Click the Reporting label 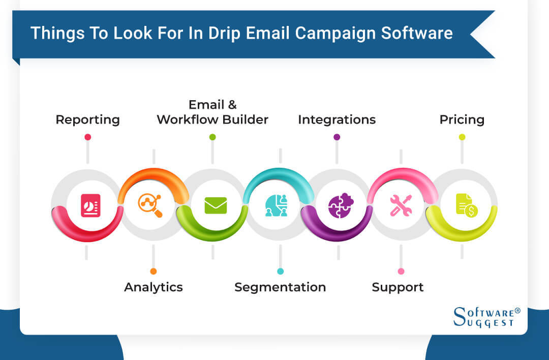(87, 120)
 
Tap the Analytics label (153, 287)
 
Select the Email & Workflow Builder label (212, 112)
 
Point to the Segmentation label (280, 287)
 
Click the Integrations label (337, 120)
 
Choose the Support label (398, 287)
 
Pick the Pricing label (462, 120)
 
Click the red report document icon (90, 205)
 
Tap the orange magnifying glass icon (150, 205)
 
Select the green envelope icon (216, 205)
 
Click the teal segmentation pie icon (276, 205)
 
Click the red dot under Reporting (87, 137)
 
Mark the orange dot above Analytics (154, 272)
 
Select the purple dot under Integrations (337, 137)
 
